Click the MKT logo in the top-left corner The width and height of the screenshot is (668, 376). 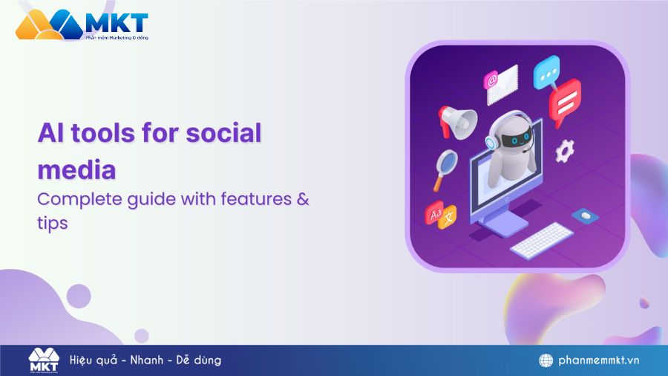point(82,25)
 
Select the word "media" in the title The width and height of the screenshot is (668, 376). point(76,169)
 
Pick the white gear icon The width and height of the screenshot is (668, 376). point(565,151)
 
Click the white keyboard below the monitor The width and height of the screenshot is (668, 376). point(541,240)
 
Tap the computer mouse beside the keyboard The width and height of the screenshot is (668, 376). point(586,215)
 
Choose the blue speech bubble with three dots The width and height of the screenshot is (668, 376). point(549,73)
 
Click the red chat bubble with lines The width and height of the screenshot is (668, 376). point(569,100)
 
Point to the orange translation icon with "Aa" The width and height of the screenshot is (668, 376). point(438,214)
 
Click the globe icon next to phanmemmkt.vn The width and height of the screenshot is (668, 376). point(546,360)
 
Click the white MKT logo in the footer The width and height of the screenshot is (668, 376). point(43,360)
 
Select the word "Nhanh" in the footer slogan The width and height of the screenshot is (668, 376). point(145,360)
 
